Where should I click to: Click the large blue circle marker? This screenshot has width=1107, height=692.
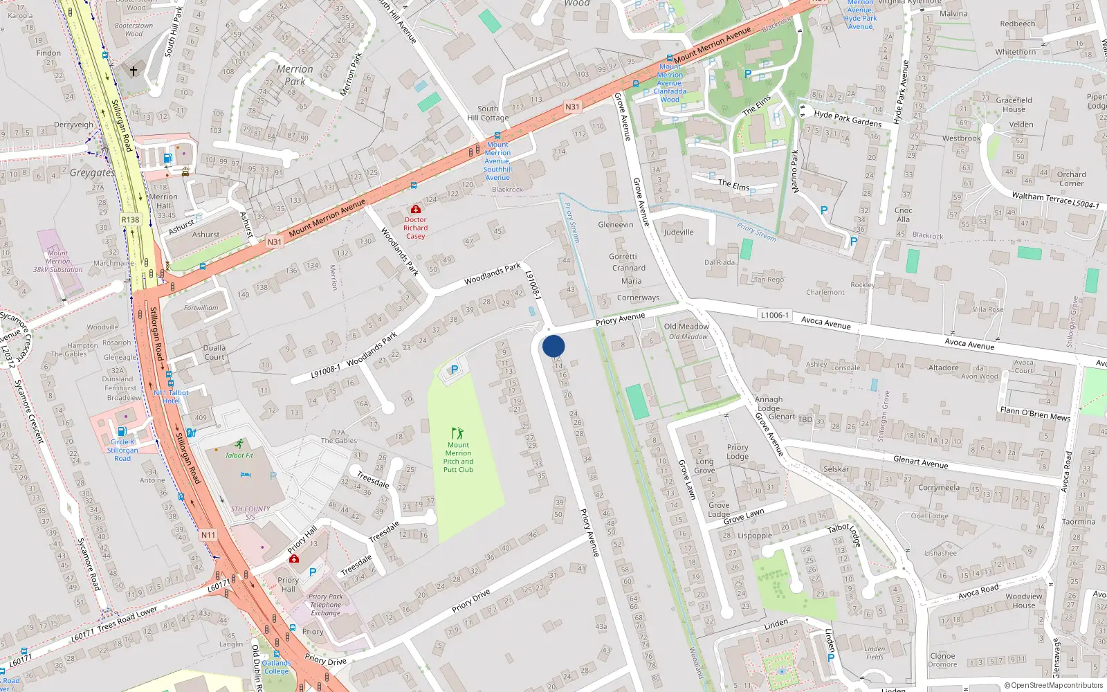(x=553, y=346)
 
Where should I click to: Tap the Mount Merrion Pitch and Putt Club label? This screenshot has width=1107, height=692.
(x=458, y=457)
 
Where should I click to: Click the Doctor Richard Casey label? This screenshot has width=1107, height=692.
(x=415, y=228)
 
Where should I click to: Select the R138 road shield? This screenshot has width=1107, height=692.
(x=130, y=219)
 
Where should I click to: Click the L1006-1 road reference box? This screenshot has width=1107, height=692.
(x=774, y=315)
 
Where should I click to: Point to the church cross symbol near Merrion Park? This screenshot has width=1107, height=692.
(x=134, y=71)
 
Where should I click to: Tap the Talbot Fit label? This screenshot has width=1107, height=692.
(x=239, y=455)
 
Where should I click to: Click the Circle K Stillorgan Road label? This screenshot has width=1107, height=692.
(x=122, y=450)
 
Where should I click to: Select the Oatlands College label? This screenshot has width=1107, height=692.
(x=276, y=667)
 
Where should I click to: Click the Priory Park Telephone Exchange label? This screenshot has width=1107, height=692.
(x=325, y=605)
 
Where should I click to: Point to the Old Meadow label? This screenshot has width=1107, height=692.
(x=686, y=327)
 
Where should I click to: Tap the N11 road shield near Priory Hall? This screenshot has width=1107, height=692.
(x=208, y=535)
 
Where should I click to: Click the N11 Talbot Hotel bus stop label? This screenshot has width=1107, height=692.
(x=171, y=397)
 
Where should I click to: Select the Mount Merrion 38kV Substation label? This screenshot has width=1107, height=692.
(x=58, y=262)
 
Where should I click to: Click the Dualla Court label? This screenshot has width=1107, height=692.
(x=214, y=353)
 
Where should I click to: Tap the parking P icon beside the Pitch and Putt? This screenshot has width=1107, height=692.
(x=455, y=370)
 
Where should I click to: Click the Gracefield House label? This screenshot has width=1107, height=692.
(x=1014, y=104)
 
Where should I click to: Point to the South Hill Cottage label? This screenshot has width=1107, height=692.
(x=488, y=113)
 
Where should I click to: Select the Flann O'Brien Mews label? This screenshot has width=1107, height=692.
(x=1035, y=414)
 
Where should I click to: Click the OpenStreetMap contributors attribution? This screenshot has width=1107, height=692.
(x=1053, y=686)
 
